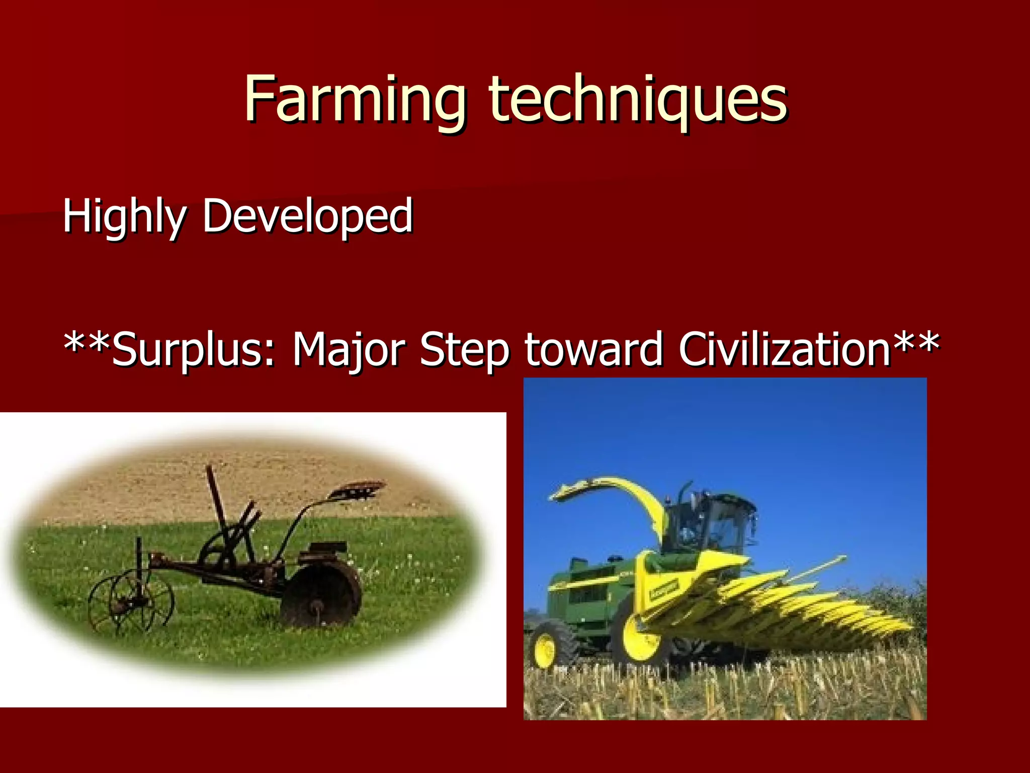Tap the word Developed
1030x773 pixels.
307,216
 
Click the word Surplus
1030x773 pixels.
193,350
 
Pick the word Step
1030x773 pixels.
464,350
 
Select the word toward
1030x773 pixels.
593,350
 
